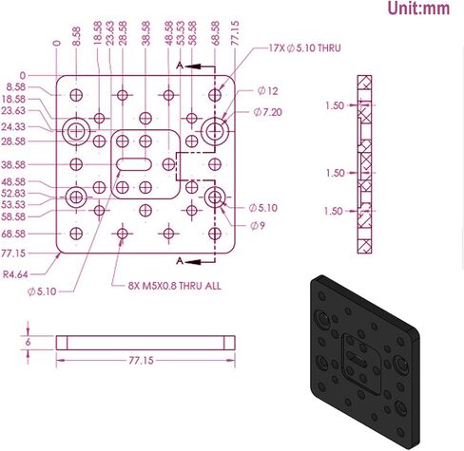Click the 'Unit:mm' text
click(418, 9)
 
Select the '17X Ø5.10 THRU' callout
click(304, 48)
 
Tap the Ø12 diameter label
click(268, 91)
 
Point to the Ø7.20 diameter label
click(267, 112)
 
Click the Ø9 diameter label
click(257, 226)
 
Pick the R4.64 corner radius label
click(15, 274)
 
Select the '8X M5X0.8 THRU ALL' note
click(175, 286)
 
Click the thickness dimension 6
click(29, 343)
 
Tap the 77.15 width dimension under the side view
click(141, 361)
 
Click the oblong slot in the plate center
click(134, 164)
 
